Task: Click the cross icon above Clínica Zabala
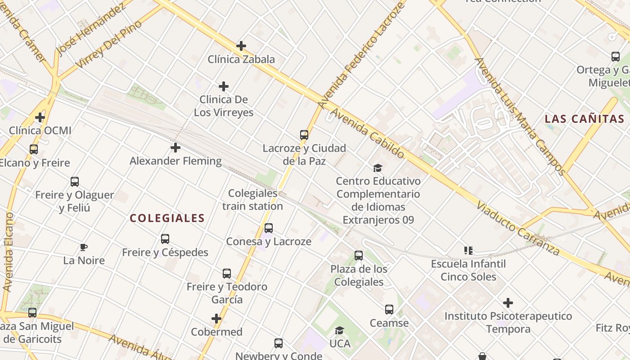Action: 241,46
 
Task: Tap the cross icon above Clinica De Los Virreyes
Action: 224,86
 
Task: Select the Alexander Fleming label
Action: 175,161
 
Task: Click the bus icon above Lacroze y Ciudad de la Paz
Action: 304,135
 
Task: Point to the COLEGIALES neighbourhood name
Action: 167,218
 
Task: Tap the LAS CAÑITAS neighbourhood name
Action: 584,119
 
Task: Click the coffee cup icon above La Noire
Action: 84,247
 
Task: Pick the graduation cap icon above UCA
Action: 340,331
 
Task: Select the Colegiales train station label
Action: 252,200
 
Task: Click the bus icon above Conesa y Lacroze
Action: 269,228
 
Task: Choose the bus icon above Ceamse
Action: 389,310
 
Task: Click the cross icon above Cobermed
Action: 216,319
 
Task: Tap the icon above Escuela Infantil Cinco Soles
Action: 468,251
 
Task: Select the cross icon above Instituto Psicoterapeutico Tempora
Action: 508,303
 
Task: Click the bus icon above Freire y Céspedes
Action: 165,239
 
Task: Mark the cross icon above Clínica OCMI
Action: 40,118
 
